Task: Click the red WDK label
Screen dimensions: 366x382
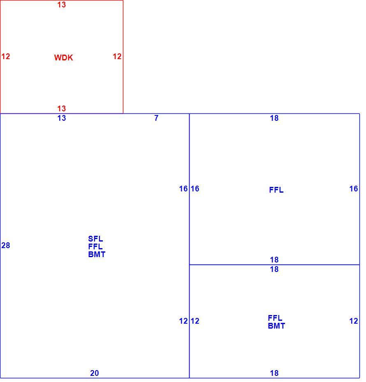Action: click(x=63, y=58)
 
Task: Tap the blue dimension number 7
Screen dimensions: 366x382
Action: click(x=156, y=118)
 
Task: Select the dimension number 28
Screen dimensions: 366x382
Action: click(x=6, y=245)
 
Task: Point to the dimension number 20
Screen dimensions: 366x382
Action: click(x=94, y=373)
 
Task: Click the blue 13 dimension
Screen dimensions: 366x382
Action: click(x=61, y=118)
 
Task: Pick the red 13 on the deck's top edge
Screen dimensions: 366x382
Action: click(x=61, y=5)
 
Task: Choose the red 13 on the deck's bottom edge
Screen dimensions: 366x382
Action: click(x=61, y=108)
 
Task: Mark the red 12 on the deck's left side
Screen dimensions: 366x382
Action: click(x=6, y=56)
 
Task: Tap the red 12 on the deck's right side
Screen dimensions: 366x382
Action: click(x=117, y=56)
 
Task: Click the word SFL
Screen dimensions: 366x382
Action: click(x=95, y=239)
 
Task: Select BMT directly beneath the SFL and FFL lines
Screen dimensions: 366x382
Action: click(x=97, y=254)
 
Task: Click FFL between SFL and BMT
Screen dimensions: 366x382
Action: click(x=95, y=246)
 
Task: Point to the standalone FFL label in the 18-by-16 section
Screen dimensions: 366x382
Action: click(x=276, y=190)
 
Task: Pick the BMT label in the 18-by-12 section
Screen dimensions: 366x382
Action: click(x=276, y=326)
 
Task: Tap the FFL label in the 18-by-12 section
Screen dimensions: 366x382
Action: click(x=275, y=318)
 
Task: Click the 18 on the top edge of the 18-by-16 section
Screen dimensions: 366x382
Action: click(x=274, y=118)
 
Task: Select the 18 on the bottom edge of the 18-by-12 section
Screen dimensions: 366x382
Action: click(x=274, y=373)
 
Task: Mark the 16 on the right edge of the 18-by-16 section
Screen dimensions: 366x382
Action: click(x=354, y=189)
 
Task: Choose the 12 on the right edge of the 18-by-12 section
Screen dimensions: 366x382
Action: click(x=354, y=321)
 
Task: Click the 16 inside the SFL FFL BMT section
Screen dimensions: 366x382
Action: click(x=183, y=189)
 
